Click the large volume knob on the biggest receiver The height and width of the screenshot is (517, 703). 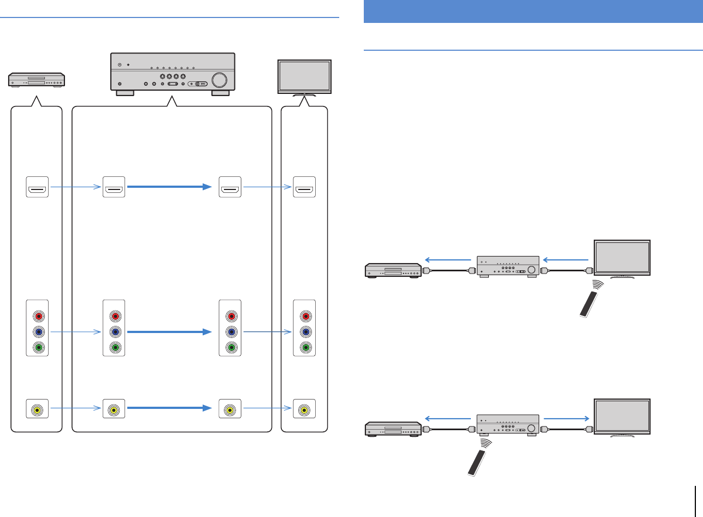coord(218,80)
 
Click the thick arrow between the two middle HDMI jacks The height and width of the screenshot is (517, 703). coord(169,187)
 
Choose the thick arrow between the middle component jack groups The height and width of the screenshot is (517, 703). coord(169,331)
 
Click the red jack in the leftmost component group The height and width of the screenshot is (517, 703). coord(38,316)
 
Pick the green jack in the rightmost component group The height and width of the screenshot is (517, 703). coord(304,347)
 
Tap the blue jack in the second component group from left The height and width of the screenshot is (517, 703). coord(114,331)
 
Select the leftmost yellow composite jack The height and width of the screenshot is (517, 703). coord(38,409)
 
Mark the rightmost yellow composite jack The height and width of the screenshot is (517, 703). coord(304,409)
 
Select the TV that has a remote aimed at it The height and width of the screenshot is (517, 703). coord(622,258)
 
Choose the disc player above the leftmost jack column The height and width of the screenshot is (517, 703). coord(37,80)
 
